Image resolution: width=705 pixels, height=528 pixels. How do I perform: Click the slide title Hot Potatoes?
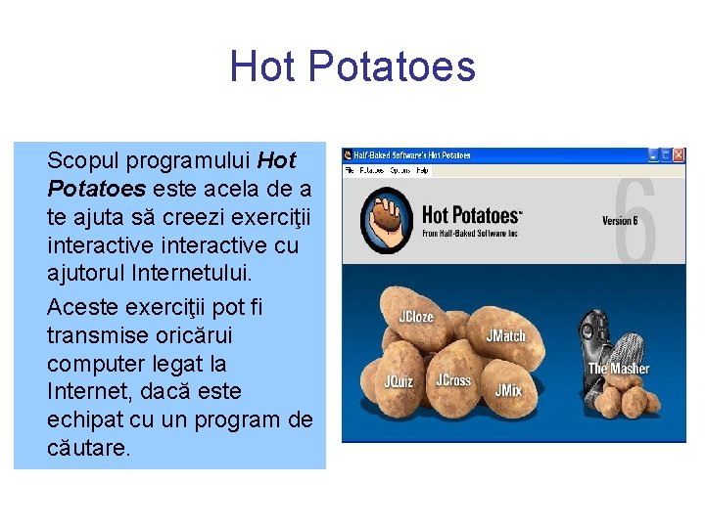[x=352, y=66]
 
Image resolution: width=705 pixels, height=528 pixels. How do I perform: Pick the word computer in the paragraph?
[x=94, y=364]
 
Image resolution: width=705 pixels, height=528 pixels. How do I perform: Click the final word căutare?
[x=88, y=448]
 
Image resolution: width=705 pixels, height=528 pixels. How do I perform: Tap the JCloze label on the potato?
[x=415, y=318]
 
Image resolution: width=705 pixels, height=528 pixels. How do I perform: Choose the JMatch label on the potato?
[x=506, y=335]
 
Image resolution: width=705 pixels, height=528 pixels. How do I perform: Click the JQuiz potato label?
[x=399, y=381]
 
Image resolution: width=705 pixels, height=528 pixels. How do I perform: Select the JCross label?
[x=452, y=380]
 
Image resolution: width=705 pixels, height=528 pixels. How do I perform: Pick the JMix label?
[x=508, y=390]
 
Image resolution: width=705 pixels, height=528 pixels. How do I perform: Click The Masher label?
[x=618, y=369]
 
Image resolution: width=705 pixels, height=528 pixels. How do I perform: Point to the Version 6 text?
[x=620, y=220]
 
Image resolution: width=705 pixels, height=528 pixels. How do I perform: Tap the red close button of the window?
[x=679, y=154]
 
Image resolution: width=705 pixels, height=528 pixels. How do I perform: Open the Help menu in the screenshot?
[x=423, y=170]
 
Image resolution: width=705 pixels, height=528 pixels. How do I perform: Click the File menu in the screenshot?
[x=348, y=170]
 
